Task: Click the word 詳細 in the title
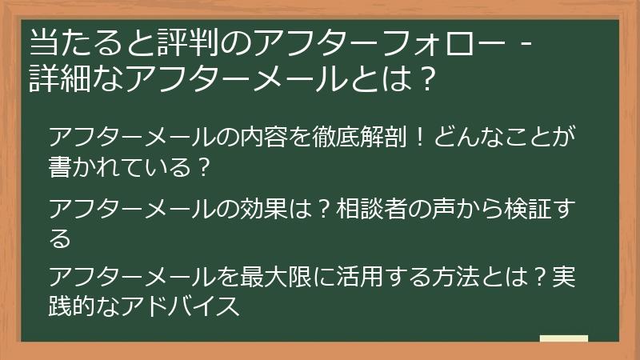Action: tap(57, 78)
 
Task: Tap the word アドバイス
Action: tap(180, 306)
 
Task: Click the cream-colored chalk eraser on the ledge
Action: tap(564, 339)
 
